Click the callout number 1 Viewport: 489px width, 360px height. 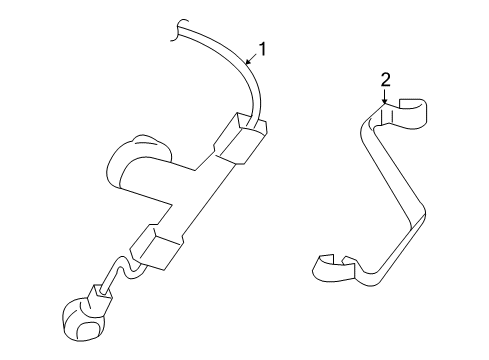tap(264, 47)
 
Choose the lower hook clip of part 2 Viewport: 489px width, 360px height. tap(330, 266)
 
